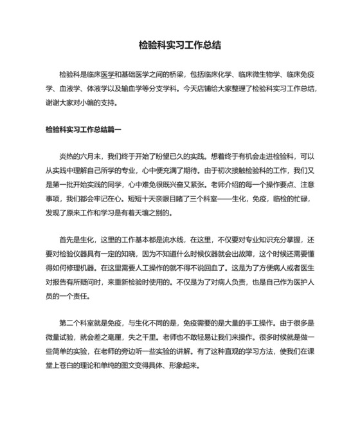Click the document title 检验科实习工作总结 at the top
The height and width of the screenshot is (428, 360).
tap(180, 45)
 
